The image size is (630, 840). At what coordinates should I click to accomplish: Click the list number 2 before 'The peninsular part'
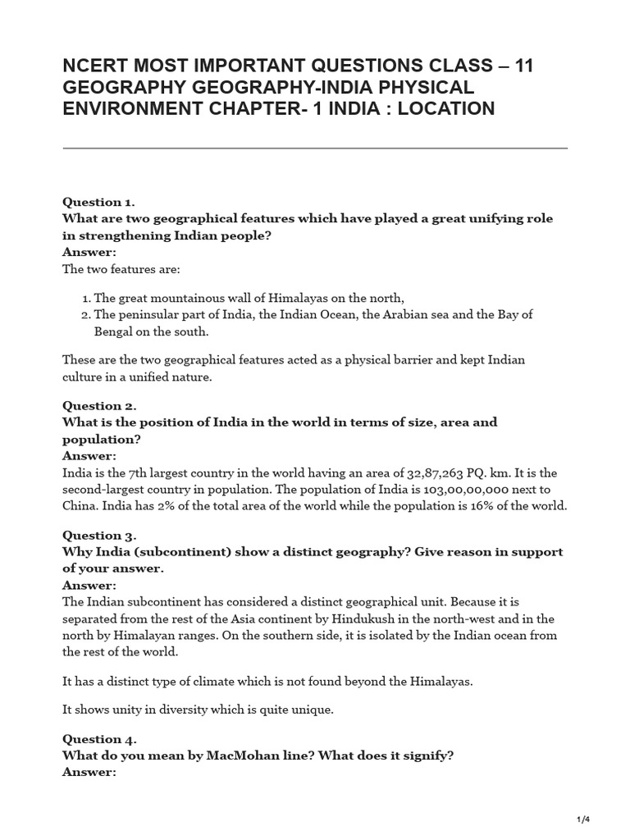pyautogui.click(x=84, y=315)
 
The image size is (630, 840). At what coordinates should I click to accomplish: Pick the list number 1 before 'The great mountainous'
pyautogui.click(x=84, y=298)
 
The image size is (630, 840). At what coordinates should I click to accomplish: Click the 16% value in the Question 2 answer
pyautogui.click(x=489, y=505)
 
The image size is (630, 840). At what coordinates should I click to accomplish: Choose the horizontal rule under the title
pyautogui.click(x=315, y=148)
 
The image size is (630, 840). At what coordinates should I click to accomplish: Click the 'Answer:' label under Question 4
pyautogui.click(x=89, y=771)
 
